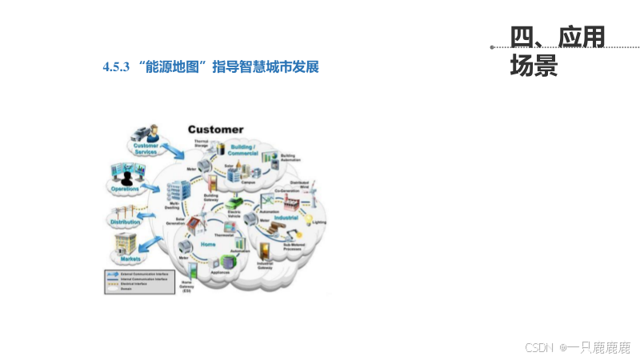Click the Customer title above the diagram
[x=215, y=130]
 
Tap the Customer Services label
[x=146, y=148]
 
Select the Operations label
[x=125, y=189]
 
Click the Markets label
[x=130, y=259]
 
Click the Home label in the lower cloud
[x=208, y=243]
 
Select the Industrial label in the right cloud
[x=286, y=217]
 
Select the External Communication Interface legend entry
[x=136, y=274]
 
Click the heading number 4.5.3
[x=116, y=67]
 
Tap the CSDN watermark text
[x=540, y=347]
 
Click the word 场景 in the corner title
[x=534, y=66]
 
